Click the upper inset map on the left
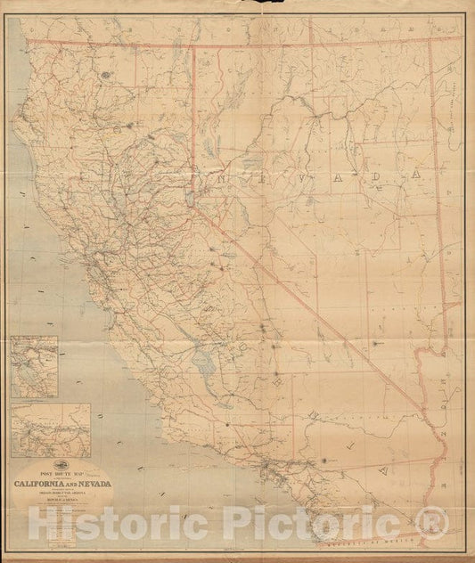pyautogui.click(x=35, y=365)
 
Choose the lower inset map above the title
pyautogui.click(x=51, y=428)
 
